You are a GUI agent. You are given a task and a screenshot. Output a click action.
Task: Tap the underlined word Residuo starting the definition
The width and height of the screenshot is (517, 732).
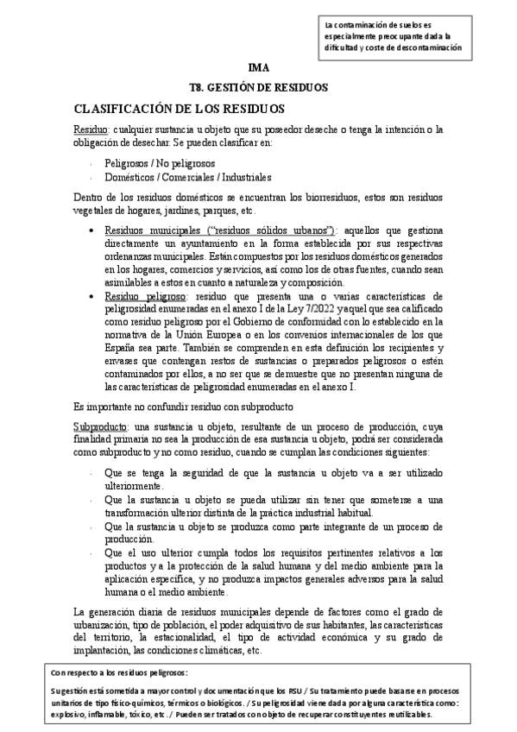(x=90, y=129)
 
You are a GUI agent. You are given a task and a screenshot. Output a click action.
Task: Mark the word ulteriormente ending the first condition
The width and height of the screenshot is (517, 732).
(x=136, y=487)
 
